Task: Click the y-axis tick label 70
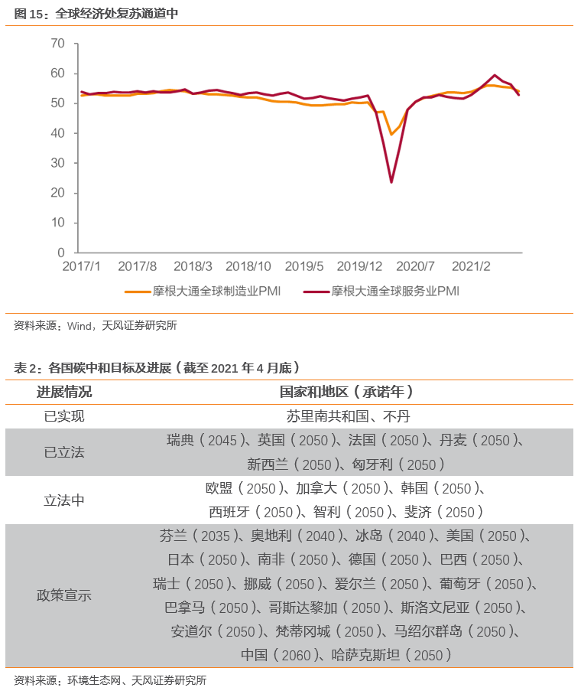pos(58,44)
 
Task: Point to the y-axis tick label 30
pos(58,163)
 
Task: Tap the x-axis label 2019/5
pos(304,266)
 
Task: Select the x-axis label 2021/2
pos(471,266)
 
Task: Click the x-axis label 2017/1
pos(81,266)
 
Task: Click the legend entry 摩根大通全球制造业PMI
pos(203,292)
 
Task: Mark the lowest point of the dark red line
pos(391,182)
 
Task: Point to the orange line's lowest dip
pos(391,135)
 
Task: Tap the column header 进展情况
pos(64,392)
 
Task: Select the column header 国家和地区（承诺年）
pos(346,392)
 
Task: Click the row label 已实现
pos(64,416)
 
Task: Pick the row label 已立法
pos(64,452)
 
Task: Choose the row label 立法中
pos(64,500)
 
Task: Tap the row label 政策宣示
pos(64,595)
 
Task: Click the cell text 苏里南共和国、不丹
pos(346,416)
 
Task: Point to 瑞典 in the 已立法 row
pos(180,441)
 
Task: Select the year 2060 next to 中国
pos(294,656)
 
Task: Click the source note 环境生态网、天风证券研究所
pos(137,680)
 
